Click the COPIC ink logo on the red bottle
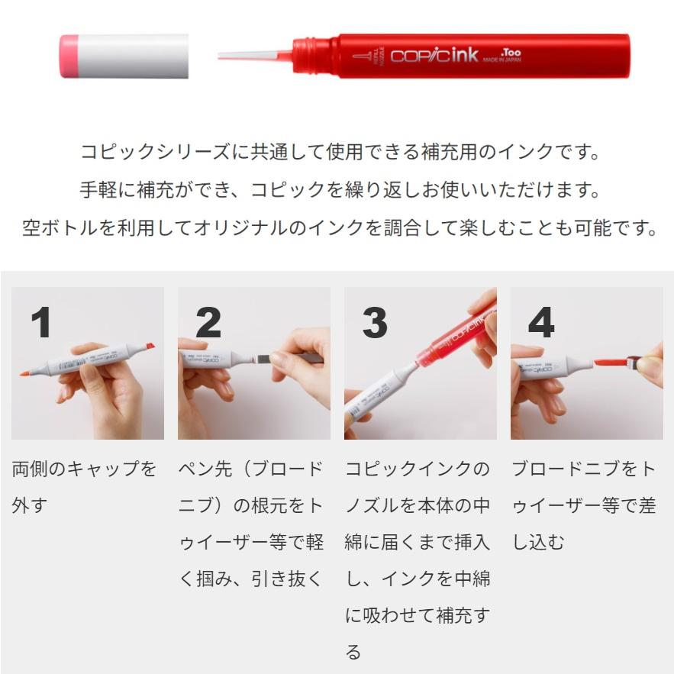434,56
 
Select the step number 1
42,322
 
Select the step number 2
208,322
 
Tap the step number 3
375,322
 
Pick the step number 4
541,322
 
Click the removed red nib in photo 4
611,362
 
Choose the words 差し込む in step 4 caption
557,524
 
